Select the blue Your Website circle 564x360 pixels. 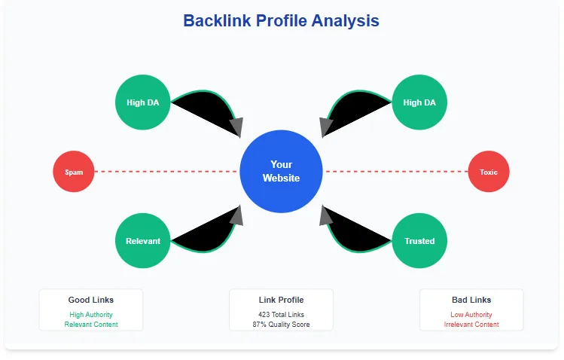tap(281, 171)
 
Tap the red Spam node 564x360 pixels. tap(74, 172)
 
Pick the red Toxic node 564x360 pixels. tap(489, 172)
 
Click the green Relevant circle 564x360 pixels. tap(142, 241)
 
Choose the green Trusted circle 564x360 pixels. tap(419, 241)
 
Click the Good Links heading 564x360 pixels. tap(91, 300)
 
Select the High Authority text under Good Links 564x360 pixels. tap(91, 315)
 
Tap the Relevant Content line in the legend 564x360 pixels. tap(91, 325)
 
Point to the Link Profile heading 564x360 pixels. tap(281, 300)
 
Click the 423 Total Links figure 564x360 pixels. tap(281, 315)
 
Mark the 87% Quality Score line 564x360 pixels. tap(281, 325)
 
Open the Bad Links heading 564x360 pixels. tap(471, 300)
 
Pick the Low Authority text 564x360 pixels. tap(471, 315)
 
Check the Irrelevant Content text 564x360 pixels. tap(471, 325)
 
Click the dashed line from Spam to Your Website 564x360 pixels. tap(166, 172)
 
